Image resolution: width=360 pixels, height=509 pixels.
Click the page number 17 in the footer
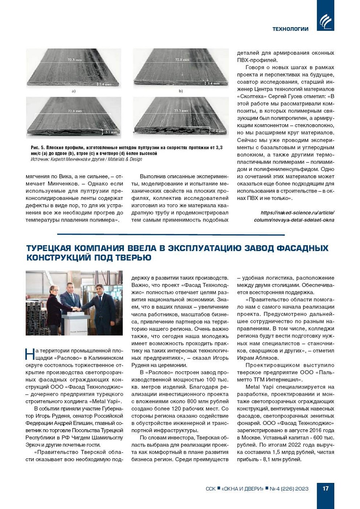[325, 488]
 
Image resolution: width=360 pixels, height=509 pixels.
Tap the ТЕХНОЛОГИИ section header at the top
[290, 29]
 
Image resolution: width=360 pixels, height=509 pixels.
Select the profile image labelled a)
[73, 68]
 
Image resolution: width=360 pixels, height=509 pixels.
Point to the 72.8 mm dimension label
[182, 60]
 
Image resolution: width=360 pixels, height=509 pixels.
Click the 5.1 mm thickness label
[111, 132]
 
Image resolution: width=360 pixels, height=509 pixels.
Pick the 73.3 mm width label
[181, 110]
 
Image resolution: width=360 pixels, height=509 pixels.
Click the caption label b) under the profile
[180, 91]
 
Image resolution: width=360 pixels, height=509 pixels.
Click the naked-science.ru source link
[294, 216]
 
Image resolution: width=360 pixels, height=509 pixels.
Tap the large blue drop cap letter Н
[30, 354]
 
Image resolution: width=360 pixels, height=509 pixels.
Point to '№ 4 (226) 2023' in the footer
[289, 489]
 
